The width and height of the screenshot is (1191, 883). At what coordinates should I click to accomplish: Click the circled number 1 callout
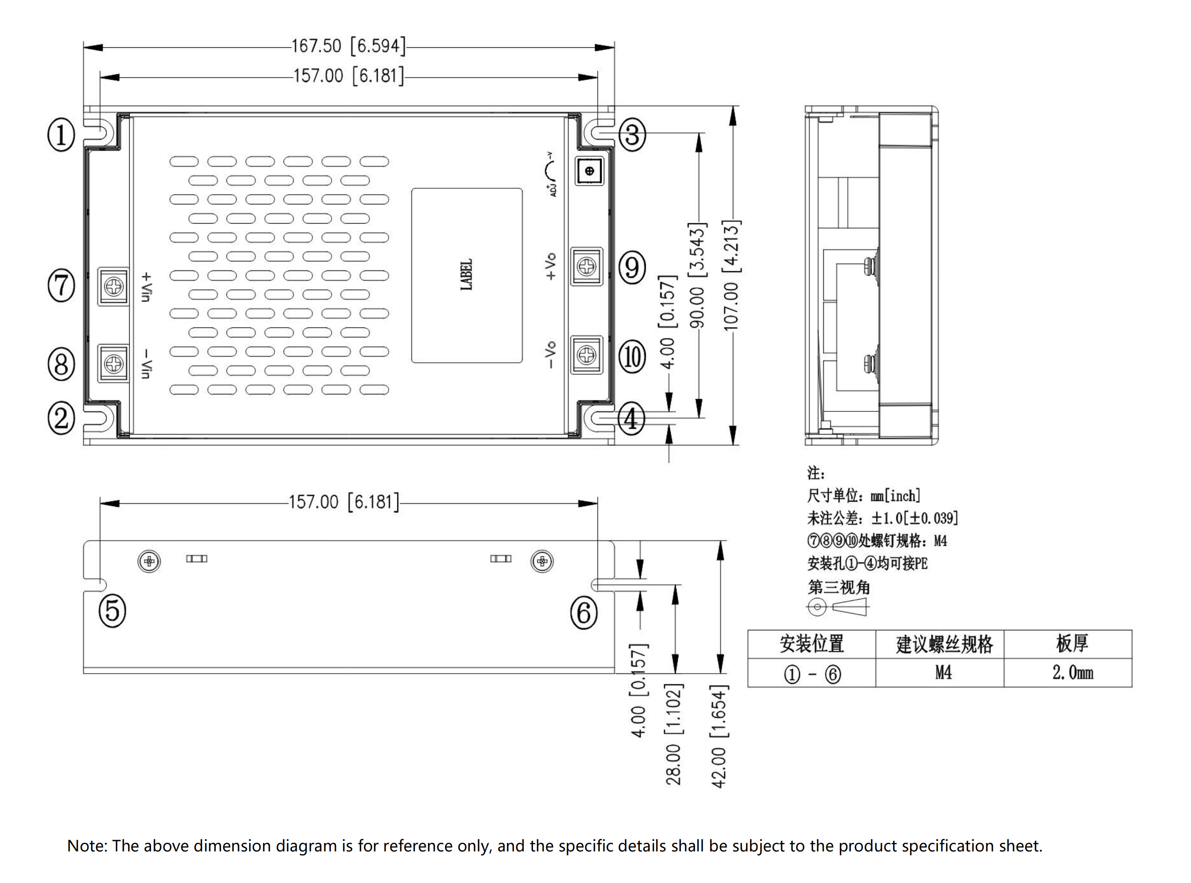(62, 135)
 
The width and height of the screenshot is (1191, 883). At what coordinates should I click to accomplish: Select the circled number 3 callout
(632, 135)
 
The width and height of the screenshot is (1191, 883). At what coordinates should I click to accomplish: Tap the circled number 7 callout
(62, 285)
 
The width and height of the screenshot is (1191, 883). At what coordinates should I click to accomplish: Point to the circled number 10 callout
(632, 357)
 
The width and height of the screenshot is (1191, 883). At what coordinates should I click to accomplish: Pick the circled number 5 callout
(112, 611)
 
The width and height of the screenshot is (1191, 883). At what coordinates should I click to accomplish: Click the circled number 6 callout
(584, 612)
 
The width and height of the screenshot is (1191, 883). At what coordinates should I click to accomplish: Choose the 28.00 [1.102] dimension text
(674, 733)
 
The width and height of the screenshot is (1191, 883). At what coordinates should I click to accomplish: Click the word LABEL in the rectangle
(467, 275)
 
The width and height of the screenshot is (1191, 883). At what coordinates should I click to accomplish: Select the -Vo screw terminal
(587, 354)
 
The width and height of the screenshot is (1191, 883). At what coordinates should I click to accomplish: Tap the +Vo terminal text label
(550, 266)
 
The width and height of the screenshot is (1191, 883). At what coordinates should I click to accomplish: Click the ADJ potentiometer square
(590, 171)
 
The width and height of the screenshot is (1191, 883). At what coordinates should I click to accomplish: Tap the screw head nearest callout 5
(149, 561)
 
